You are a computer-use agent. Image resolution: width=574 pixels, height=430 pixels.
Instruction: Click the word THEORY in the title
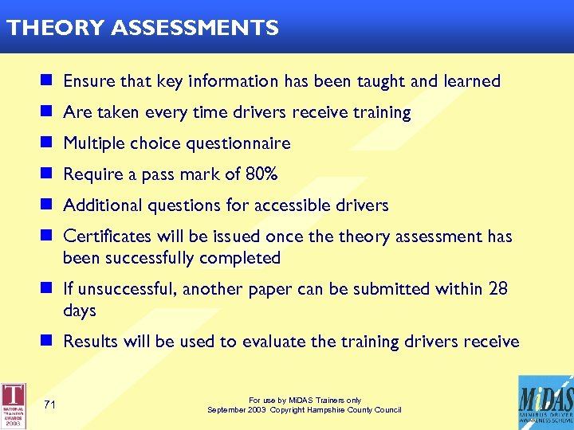[x=56, y=29]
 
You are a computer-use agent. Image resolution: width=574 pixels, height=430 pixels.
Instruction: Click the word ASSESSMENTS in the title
[x=195, y=29]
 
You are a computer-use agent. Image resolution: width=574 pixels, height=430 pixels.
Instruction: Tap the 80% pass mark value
[x=261, y=174]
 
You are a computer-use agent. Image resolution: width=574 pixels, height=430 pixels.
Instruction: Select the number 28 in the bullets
[x=497, y=288]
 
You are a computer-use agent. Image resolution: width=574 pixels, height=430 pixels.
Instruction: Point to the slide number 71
[x=49, y=405]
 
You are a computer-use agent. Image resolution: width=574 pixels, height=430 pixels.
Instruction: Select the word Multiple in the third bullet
[x=95, y=143]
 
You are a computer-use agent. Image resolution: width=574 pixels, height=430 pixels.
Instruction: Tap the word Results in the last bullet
[x=90, y=342]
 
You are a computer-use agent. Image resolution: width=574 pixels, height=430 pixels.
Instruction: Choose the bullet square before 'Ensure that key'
[x=47, y=80]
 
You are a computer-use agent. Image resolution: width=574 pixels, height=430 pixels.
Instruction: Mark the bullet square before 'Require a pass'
[x=47, y=174]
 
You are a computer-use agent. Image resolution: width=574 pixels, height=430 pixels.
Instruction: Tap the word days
[x=79, y=311]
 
